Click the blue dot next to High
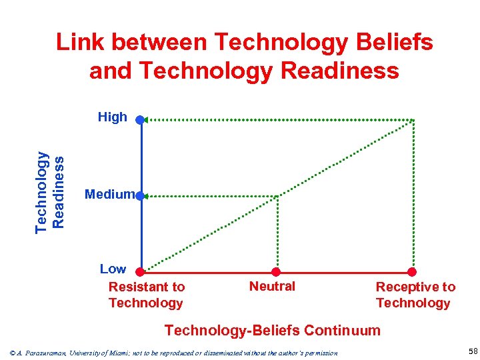coord(139,120)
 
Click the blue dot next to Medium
coord(139,196)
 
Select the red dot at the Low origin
coord(140,271)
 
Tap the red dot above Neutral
coord(276,271)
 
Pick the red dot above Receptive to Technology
coord(412,271)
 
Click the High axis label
coord(112,117)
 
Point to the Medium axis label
coord(109,194)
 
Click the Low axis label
coord(113,269)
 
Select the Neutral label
coord(272,286)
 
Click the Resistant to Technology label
coord(146,295)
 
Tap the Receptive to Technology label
coord(415,295)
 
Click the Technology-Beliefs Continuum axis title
coord(272,330)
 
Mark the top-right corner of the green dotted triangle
coord(413,120)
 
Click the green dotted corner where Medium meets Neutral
coord(277,196)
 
